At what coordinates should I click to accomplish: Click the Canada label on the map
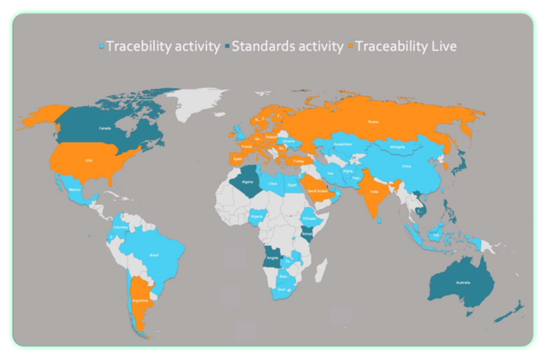click(104, 128)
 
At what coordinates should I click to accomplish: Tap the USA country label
click(89, 160)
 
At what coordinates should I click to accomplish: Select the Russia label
click(373, 121)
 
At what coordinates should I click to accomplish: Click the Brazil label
click(154, 254)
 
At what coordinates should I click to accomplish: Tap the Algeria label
click(247, 181)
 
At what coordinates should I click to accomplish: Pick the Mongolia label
click(397, 147)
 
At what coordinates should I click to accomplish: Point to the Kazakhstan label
click(343, 144)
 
